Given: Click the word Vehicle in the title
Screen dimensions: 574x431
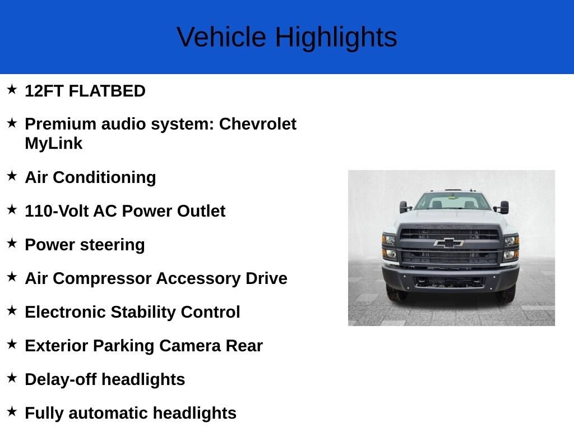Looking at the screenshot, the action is (x=221, y=36).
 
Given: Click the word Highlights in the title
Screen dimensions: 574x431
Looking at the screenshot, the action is (x=336, y=38).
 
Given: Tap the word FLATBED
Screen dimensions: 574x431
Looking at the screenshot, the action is (x=107, y=91).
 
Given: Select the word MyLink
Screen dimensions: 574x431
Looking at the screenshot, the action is (x=53, y=143).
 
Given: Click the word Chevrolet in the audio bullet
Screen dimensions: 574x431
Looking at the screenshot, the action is (x=258, y=124).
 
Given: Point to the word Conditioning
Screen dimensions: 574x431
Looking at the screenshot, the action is (x=104, y=178).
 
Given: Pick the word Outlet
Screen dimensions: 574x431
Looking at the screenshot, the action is (x=201, y=211).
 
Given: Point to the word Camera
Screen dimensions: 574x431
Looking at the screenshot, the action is (x=190, y=346).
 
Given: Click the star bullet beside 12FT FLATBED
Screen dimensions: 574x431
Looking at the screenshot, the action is (x=12, y=89).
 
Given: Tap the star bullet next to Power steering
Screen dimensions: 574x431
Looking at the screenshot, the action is (x=12, y=243).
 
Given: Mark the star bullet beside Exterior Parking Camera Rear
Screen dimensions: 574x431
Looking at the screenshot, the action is (x=12, y=344).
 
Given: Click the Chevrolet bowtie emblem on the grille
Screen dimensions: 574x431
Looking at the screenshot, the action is (x=449, y=243).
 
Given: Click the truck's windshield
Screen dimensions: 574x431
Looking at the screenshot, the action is (x=453, y=201).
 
